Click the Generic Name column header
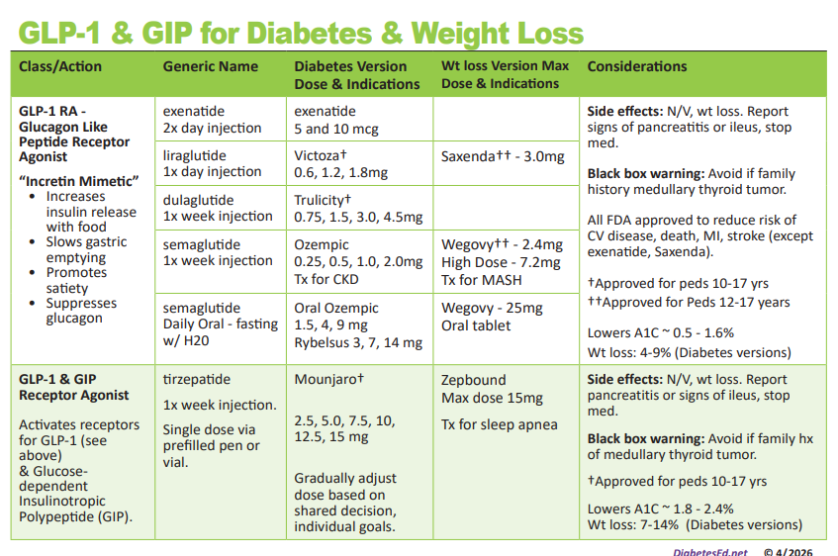click(210, 66)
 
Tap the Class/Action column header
click(59, 66)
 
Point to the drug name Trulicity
click(319, 200)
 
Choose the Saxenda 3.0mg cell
click(503, 155)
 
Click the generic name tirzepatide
click(196, 379)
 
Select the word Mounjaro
click(326, 379)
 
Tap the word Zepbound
click(473, 380)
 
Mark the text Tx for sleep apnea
click(499, 424)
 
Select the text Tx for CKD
click(326, 278)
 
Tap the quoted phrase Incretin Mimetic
click(78, 180)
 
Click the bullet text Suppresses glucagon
click(81, 311)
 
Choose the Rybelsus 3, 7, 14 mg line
click(358, 342)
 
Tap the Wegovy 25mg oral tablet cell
click(491, 317)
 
